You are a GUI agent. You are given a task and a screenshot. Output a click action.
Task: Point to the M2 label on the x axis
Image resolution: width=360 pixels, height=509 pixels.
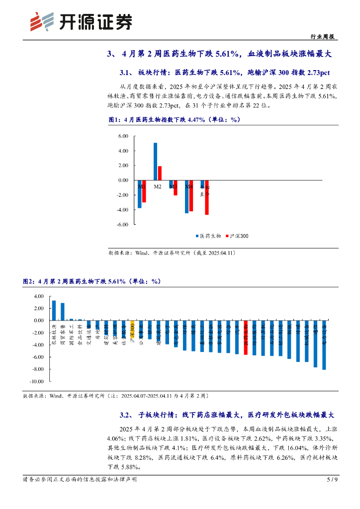pos(158,186)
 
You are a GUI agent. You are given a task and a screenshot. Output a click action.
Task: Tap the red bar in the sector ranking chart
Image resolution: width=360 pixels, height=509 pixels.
pos(246,338)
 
